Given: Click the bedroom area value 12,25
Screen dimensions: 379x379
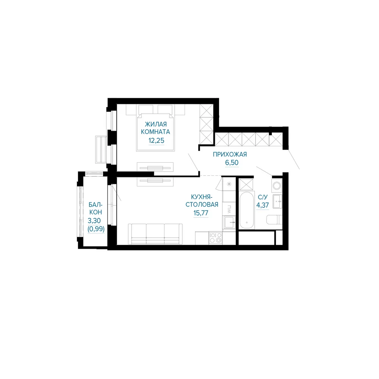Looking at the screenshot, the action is click(x=157, y=141).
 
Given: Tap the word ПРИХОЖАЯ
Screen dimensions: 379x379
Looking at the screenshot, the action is click(x=230, y=154).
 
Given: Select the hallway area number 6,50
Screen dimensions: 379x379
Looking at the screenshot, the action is click(x=232, y=163).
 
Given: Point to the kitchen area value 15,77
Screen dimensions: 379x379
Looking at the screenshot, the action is click(x=200, y=213).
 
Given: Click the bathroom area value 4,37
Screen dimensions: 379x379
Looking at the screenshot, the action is click(x=263, y=205).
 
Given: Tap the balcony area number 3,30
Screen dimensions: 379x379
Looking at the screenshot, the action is click(x=94, y=221).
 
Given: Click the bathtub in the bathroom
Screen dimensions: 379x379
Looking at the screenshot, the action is click(x=247, y=210).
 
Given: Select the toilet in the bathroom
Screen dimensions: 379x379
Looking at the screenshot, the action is click(x=274, y=220).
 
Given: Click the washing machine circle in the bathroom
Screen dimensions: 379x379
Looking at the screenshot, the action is click(x=277, y=186).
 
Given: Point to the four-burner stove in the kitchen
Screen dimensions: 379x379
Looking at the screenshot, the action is click(x=216, y=238).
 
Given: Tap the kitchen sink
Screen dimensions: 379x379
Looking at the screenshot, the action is click(x=229, y=222).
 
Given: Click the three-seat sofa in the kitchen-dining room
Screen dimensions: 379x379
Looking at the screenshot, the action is click(x=155, y=234).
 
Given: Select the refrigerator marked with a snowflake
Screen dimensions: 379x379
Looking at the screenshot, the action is click(x=229, y=185).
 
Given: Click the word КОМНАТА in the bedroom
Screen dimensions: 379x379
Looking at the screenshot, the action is click(x=155, y=132).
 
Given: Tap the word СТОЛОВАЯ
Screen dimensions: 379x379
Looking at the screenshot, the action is click(x=202, y=205).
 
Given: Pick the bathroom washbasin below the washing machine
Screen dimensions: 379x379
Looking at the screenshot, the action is click(x=277, y=201).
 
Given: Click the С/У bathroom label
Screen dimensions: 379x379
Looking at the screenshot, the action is click(x=263, y=197).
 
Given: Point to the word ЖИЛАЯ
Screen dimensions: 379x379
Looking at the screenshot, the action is click(x=156, y=124).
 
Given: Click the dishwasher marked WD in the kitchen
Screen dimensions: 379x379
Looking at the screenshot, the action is click(x=229, y=209).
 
